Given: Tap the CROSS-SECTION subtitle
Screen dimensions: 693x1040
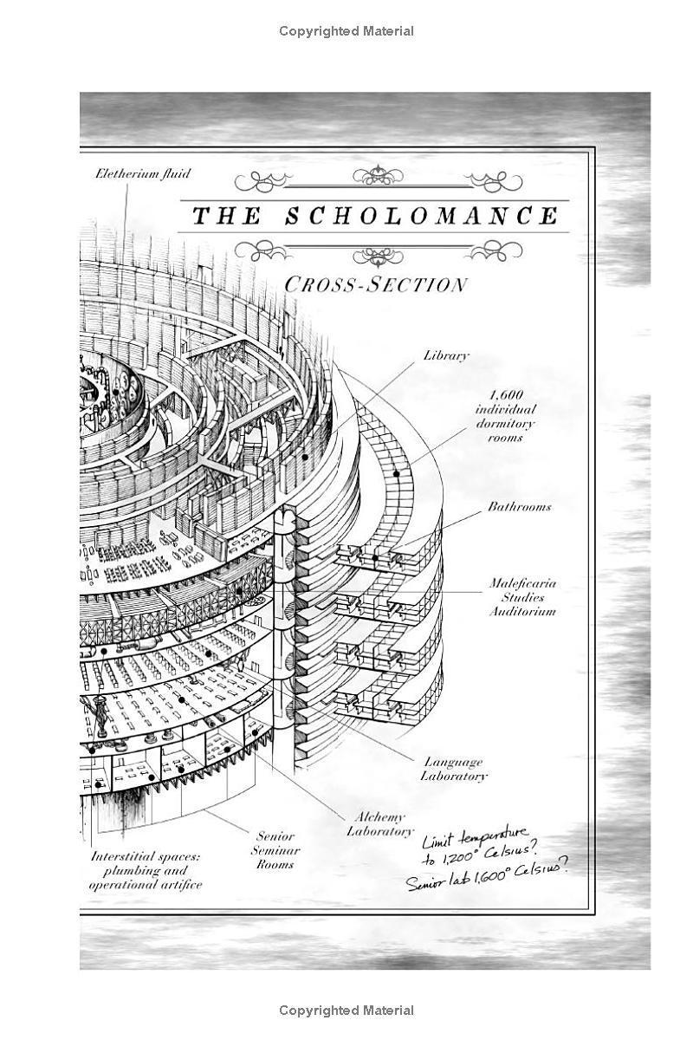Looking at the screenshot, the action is (375, 284).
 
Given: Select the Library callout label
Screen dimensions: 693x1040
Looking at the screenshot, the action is (446, 355).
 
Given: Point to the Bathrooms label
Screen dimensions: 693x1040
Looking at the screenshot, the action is (520, 506).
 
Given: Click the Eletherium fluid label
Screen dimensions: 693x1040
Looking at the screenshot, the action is (143, 173).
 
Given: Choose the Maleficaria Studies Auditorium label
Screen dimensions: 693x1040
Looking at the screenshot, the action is (522, 597).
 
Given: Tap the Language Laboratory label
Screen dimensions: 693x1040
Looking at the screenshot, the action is (454, 769).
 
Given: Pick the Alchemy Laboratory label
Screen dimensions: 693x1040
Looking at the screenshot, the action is (380, 824).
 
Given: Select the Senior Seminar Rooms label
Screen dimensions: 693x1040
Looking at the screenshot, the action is (275, 850).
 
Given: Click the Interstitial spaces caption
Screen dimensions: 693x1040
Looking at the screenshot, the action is (146, 870).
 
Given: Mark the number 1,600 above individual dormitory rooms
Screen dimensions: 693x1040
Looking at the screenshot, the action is (506, 395).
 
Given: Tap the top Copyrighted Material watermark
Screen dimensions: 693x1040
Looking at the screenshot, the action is (346, 31).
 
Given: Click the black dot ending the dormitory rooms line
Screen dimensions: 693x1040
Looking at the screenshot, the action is (397, 473).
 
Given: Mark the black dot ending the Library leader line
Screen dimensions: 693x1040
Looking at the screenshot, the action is (305, 457).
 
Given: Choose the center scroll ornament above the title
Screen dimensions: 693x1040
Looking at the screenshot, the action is (378, 176).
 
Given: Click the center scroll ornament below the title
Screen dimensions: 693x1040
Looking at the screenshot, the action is (378, 257).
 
